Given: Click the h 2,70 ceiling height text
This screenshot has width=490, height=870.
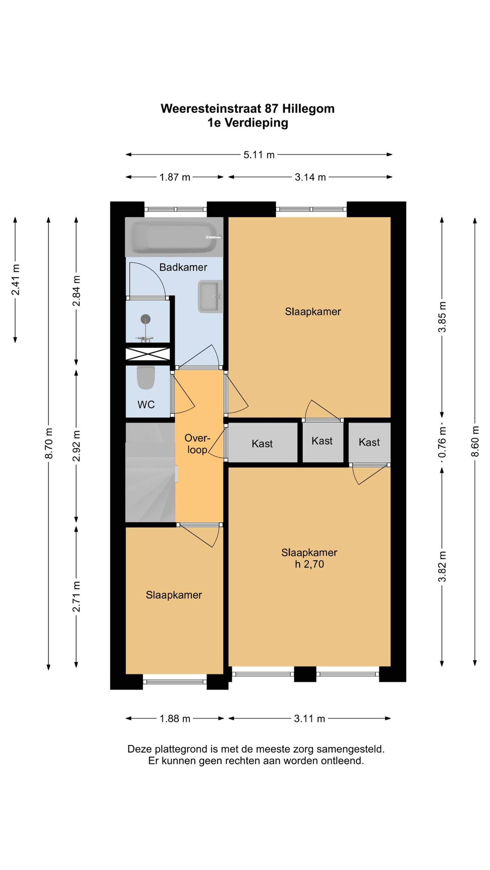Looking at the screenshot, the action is tap(309, 564).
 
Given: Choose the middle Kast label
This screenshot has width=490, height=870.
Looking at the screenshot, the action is tap(322, 441).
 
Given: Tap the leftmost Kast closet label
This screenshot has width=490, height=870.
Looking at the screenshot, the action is tap(262, 443).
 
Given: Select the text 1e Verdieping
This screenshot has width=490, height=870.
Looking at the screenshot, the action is tap(248, 123).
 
